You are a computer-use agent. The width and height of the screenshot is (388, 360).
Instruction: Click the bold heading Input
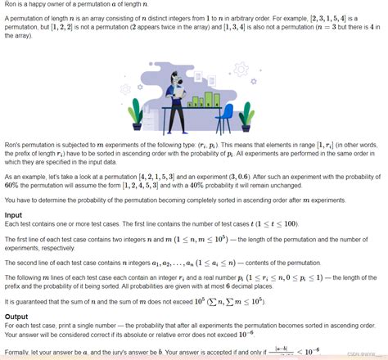pyautogui.click(x=14, y=215)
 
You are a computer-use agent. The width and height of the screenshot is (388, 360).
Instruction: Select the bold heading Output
pyautogui.click(x=16, y=317)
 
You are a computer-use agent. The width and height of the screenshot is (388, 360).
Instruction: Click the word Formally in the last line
pyautogui.click(x=18, y=353)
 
